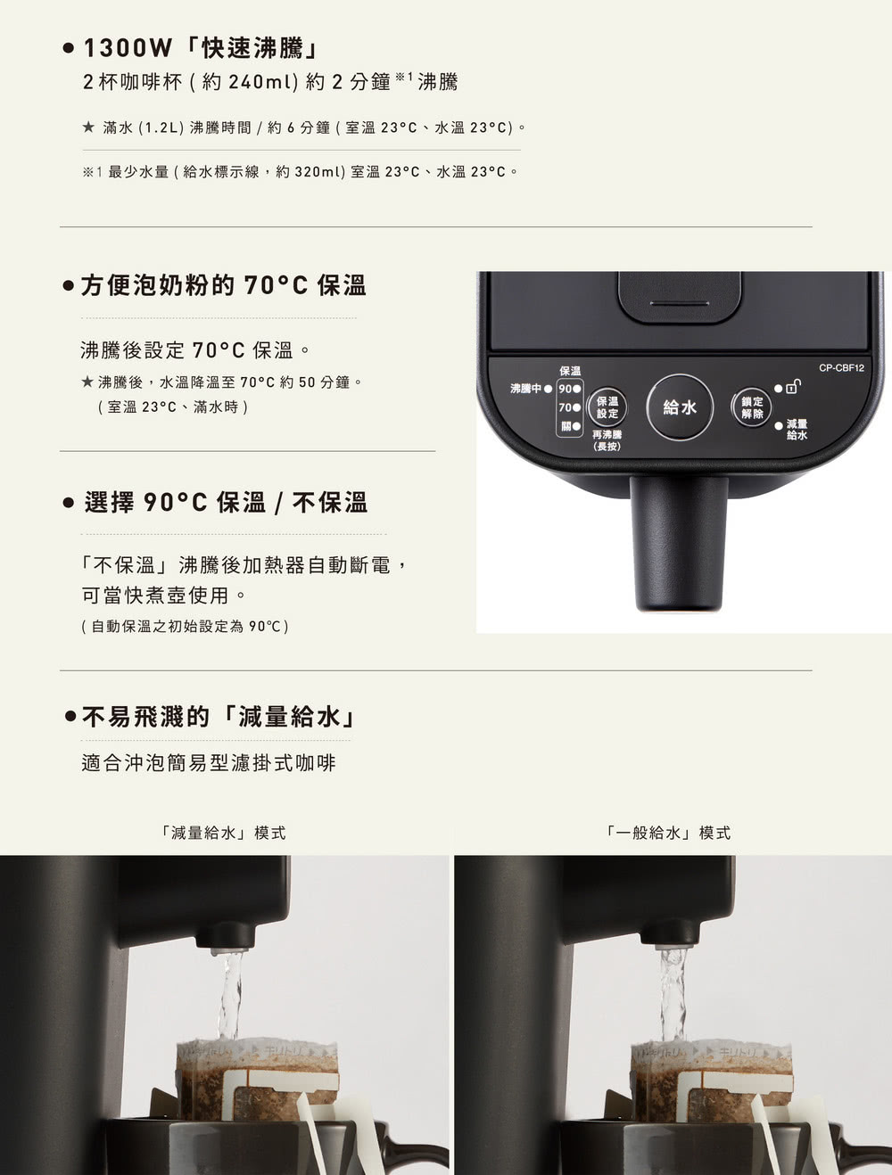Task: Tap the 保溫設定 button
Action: pos(607,407)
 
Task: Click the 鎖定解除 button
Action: pos(752,407)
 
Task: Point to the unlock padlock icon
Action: pos(793,387)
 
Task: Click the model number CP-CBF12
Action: pos(841,367)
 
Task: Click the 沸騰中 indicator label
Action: pos(525,389)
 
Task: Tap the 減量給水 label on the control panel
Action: pos(796,429)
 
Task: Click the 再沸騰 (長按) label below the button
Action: pos(607,440)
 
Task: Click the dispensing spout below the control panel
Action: pos(679,544)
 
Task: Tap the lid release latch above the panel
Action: pos(680,297)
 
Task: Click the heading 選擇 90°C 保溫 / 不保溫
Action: pos(226,503)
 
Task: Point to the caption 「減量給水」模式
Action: pos(223,833)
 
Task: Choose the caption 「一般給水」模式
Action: pos(666,833)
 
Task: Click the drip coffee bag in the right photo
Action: pos(712,1079)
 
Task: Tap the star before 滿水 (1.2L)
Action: pos(88,127)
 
